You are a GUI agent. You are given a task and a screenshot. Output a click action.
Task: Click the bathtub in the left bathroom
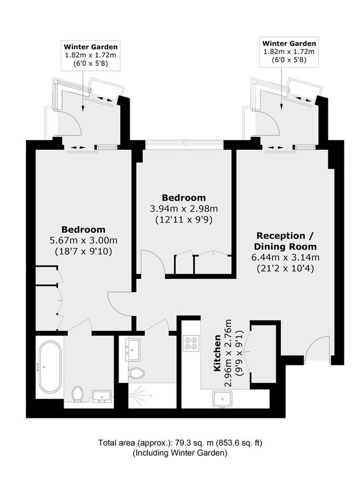[x=50, y=367]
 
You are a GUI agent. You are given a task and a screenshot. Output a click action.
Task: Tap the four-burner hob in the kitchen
[x=191, y=343]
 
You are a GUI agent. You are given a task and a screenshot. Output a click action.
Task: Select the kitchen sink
[x=223, y=399]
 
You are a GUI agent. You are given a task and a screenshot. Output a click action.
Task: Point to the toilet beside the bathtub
[x=78, y=393]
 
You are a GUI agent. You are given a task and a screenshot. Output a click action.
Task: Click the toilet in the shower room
[x=136, y=373]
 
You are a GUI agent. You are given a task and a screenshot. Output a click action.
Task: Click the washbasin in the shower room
[x=132, y=349]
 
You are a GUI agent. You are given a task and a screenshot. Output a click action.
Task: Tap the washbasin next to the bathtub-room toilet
[x=102, y=396]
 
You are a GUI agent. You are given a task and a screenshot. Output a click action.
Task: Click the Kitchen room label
[x=217, y=352]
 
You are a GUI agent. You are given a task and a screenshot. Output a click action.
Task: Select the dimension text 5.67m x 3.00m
[x=84, y=241]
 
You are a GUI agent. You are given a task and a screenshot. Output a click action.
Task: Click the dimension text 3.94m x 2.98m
[x=184, y=209]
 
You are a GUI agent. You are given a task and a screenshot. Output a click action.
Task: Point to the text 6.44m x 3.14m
[x=285, y=257]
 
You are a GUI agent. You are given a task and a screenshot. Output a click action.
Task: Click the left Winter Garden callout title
[x=91, y=47]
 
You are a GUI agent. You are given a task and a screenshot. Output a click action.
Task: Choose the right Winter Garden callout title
[x=289, y=44]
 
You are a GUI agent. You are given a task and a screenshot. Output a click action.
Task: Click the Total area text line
[x=180, y=443]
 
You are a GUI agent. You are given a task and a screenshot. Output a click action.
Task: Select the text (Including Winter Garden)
[x=180, y=453]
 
